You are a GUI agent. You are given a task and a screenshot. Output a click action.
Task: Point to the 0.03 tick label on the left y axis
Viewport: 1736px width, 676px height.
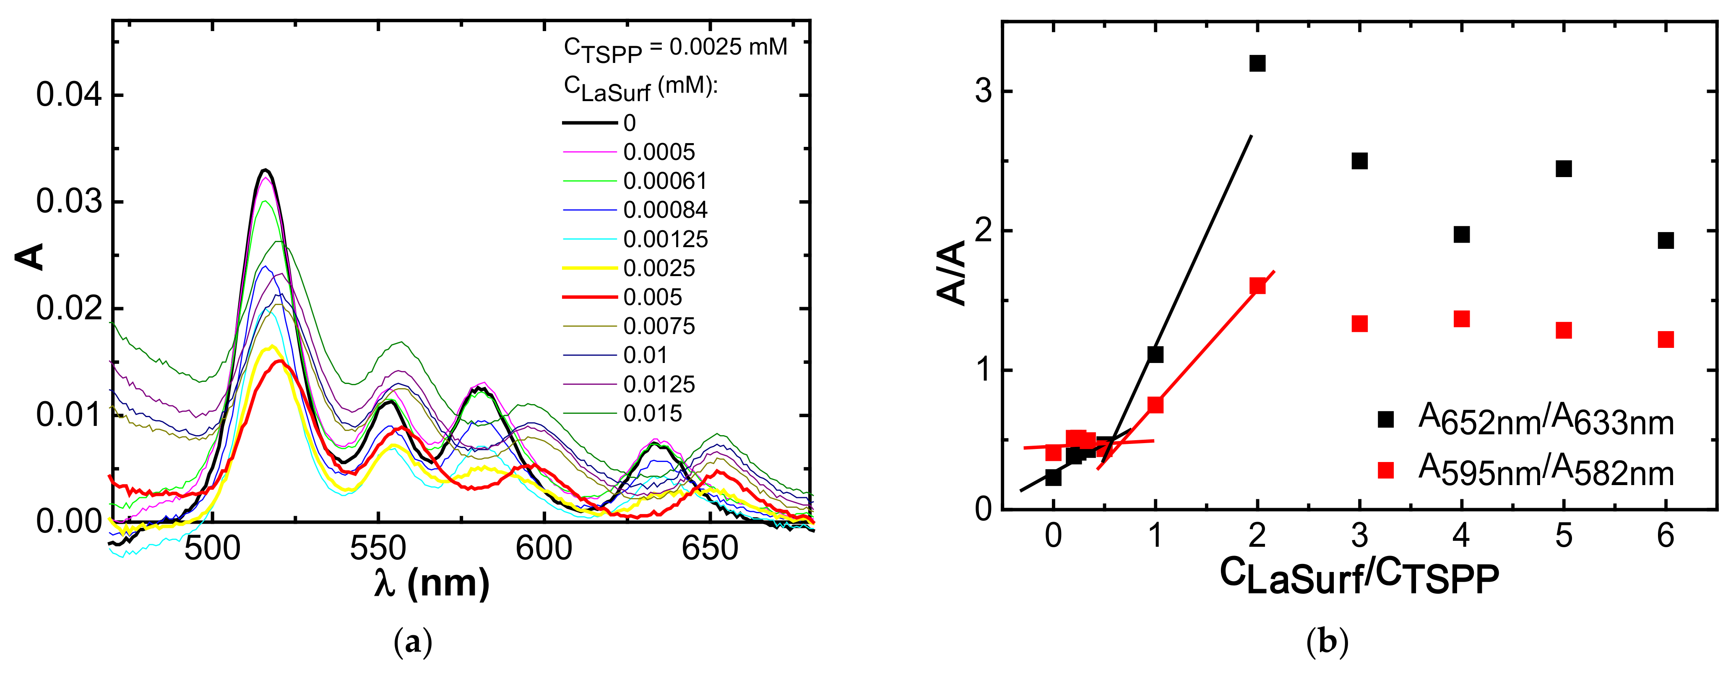tap(69, 201)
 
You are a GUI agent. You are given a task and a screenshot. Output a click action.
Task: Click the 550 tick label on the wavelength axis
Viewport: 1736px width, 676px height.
tap(377, 548)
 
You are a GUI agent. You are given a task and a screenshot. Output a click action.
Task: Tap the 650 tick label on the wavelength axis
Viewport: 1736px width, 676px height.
tap(710, 548)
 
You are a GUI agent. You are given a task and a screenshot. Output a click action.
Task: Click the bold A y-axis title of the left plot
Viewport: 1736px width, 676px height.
tap(30, 257)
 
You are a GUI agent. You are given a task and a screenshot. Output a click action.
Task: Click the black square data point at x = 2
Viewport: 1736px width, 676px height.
tap(1257, 63)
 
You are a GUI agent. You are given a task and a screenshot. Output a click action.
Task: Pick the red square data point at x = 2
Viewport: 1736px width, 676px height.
tap(1257, 286)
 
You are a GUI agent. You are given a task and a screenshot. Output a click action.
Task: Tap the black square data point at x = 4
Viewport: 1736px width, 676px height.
tap(1461, 235)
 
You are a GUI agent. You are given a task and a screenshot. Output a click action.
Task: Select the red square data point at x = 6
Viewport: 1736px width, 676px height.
tap(1665, 339)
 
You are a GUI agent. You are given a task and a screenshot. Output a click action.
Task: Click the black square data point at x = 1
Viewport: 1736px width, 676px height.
tap(1155, 355)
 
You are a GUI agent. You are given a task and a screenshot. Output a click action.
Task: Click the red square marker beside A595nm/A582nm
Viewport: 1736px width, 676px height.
tap(1385, 470)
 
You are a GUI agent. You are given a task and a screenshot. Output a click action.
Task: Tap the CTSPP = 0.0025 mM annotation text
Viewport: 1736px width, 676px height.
tap(675, 49)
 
